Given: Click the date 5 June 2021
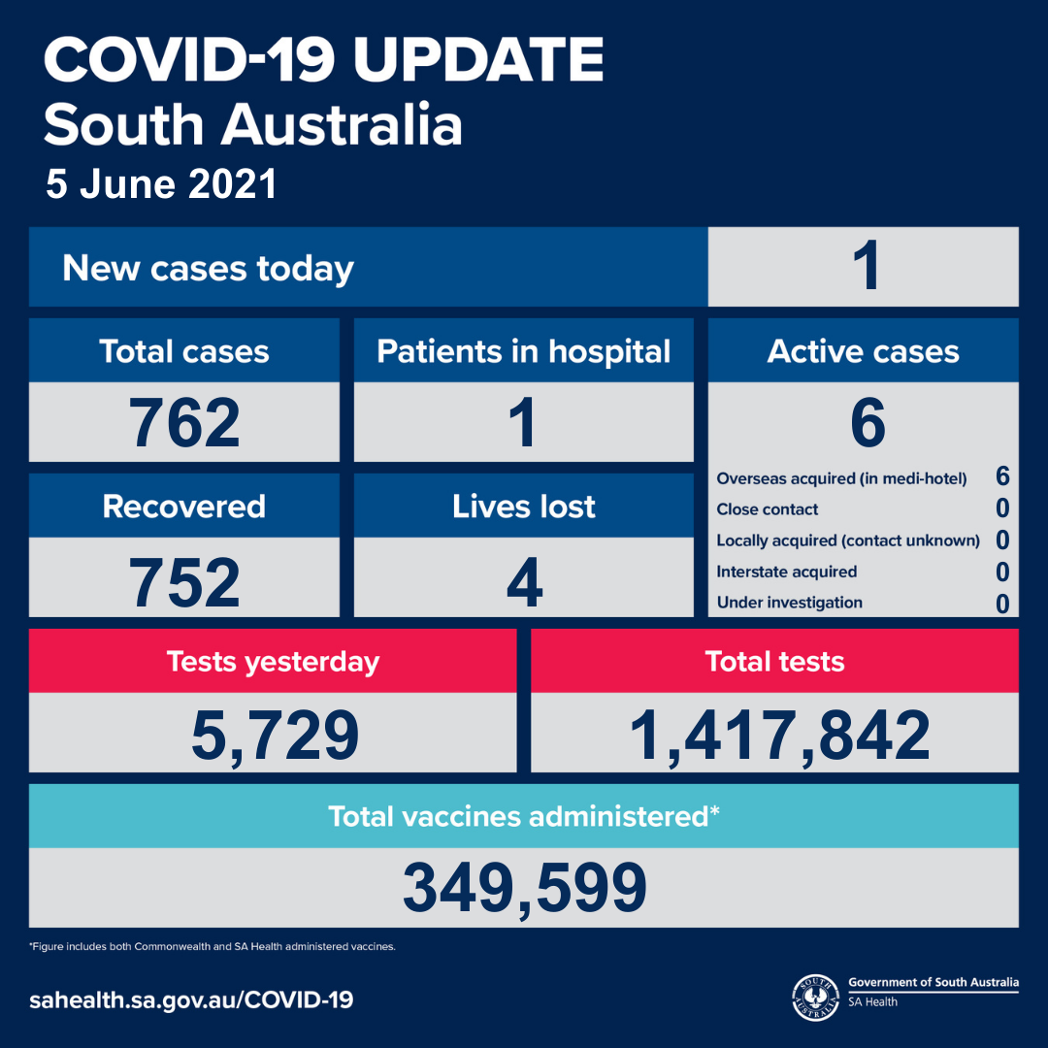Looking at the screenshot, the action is (x=161, y=183).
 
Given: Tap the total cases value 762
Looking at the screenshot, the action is (x=184, y=422).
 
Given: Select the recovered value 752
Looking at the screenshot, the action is (x=184, y=581).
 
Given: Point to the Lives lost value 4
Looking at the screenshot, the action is (x=524, y=581).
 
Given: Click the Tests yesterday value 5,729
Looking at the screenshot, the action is (x=275, y=736).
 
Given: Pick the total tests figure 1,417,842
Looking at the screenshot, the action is (x=779, y=736).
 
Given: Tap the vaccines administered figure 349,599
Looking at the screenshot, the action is (x=525, y=888).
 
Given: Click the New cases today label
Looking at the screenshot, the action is (x=208, y=269).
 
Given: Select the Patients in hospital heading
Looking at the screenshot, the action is (x=523, y=351).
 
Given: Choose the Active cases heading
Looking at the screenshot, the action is (x=863, y=351).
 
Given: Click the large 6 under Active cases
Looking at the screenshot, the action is (x=868, y=422).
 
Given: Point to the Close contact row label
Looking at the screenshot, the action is (x=767, y=509).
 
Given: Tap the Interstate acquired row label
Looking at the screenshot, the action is (x=787, y=572).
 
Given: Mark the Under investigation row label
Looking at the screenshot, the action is (x=789, y=603).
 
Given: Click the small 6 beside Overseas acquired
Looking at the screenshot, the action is (x=1001, y=476).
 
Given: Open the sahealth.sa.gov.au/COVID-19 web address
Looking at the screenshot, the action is (x=191, y=999).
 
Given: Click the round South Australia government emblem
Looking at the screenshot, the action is (x=815, y=998).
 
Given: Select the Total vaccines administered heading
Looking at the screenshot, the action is (x=523, y=816).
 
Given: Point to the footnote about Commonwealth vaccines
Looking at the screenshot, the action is (x=213, y=946).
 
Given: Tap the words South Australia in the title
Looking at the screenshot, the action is (x=253, y=125).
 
